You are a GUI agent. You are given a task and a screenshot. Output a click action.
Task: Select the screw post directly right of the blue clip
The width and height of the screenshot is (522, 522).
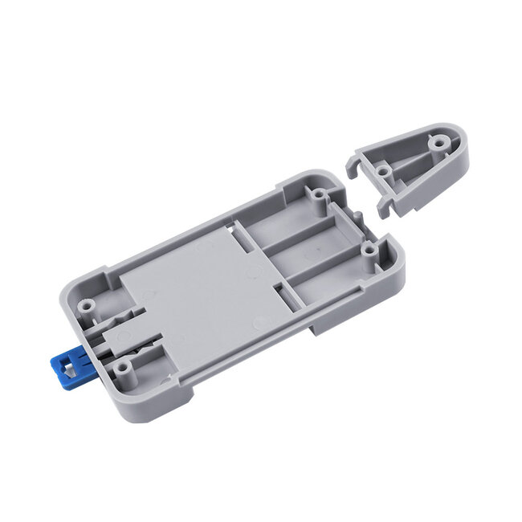coord(122,367)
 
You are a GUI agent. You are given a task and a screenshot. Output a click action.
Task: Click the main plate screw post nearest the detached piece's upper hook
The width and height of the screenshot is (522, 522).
coord(319,194)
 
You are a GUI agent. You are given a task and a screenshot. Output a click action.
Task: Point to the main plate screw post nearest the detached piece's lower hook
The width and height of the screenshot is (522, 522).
coord(367,251)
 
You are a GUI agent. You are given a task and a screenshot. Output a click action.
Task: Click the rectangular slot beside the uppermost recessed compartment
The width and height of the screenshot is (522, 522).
coord(241,233)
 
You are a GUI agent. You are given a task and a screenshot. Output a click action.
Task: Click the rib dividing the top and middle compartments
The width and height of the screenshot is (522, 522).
coord(297,233)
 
